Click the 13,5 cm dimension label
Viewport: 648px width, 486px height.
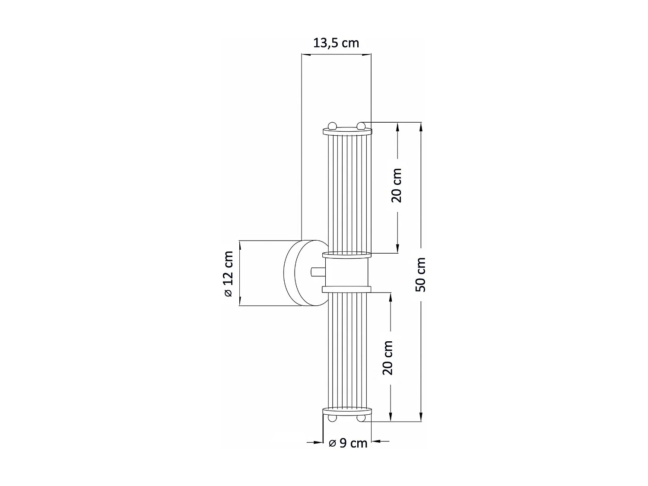pos(336,43)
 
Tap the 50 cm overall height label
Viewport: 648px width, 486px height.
pos(421,274)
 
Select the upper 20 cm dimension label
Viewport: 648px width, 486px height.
pos(397,185)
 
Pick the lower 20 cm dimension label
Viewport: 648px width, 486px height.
pos(388,358)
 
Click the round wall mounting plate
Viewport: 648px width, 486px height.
pos(305,273)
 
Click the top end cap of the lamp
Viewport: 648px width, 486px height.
pos(347,131)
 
